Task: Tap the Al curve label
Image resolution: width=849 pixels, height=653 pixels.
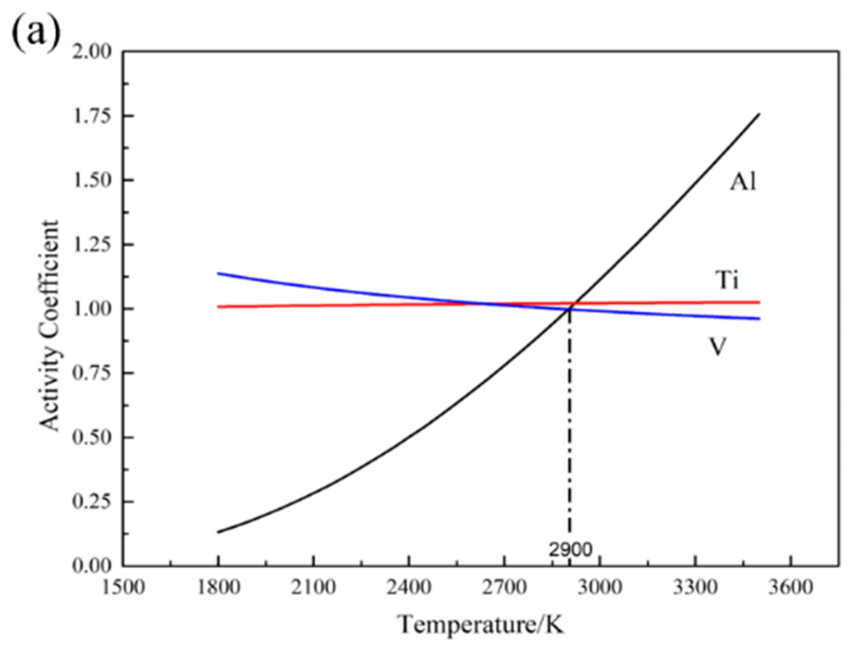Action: tap(743, 182)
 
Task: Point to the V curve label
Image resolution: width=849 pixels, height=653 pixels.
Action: tap(717, 346)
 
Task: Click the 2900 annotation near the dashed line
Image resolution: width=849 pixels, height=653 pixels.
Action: tap(570, 550)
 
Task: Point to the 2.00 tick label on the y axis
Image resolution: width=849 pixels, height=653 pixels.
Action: tap(92, 52)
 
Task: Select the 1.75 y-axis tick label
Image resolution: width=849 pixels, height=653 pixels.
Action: tap(92, 116)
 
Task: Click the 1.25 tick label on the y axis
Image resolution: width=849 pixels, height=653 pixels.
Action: tap(92, 245)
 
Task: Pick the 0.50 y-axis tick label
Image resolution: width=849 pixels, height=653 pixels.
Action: tap(92, 437)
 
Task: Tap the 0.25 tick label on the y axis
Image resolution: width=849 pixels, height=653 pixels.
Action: tap(92, 501)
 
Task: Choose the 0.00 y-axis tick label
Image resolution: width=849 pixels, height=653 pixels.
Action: tap(92, 566)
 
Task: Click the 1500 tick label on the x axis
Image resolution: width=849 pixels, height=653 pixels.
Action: tap(123, 588)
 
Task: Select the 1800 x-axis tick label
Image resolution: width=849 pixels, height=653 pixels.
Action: tap(218, 588)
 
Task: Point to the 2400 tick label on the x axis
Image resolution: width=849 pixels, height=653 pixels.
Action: tap(409, 588)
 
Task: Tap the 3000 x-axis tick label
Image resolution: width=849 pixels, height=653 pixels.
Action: tap(600, 588)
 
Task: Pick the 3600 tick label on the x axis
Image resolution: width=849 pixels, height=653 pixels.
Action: tap(791, 588)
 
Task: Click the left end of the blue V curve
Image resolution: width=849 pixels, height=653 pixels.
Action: tap(219, 273)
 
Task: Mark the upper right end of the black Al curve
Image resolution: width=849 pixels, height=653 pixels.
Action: tap(759, 114)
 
